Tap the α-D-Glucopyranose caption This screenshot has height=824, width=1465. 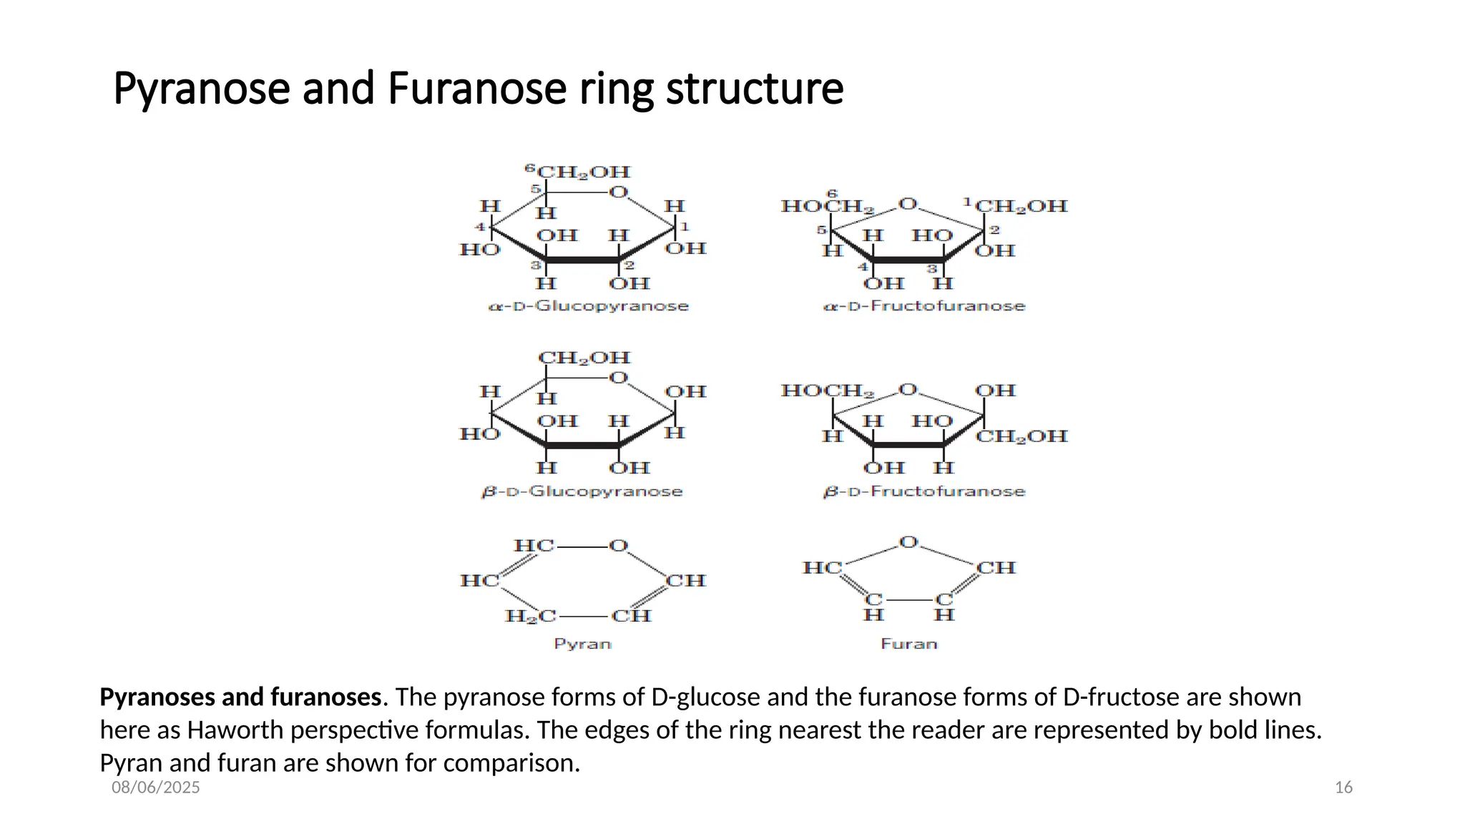[x=588, y=306]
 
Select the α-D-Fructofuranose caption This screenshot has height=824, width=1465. [x=924, y=306]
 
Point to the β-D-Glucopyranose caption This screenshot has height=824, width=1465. [x=582, y=492]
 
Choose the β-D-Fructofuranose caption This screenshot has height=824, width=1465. [x=924, y=492]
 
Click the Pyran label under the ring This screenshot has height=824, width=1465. [x=582, y=644]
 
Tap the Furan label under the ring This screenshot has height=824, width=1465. [x=908, y=644]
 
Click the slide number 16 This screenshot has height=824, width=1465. [x=1343, y=788]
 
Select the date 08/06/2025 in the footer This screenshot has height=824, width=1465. [x=156, y=788]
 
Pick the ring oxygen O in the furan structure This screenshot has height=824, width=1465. [x=908, y=542]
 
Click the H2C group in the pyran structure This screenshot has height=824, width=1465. [x=530, y=616]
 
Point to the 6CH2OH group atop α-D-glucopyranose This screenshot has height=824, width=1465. [x=579, y=172]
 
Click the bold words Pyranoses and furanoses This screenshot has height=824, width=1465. [x=240, y=697]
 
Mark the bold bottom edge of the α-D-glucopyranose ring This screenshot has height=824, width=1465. [x=582, y=260]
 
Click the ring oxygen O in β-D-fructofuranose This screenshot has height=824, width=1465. [x=908, y=390]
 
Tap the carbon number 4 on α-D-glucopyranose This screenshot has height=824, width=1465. [x=481, y=227]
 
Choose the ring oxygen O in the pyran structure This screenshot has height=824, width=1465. [x=618, y=546]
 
